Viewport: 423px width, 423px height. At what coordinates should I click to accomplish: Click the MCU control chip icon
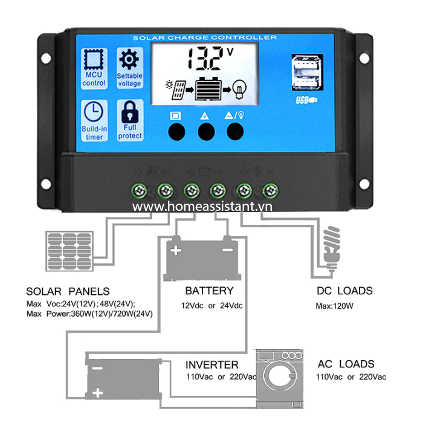(x=94, y=59)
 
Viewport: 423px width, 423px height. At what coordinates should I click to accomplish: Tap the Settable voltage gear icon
(x=129, y=60)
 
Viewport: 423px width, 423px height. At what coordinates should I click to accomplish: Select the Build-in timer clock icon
(x=93, y=111)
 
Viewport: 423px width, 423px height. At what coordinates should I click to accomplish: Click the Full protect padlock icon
(x=130, y=112)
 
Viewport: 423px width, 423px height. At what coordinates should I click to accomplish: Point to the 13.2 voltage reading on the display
(x=206, y=59)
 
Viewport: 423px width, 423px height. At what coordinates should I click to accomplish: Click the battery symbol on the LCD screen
(x=208, y=89)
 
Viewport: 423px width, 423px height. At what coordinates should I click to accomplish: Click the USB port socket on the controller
(x=307, y=73)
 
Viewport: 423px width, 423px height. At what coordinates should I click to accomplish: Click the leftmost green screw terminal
(x=139, y=191)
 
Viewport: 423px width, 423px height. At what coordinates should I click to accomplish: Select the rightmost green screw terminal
(x=271, y=191)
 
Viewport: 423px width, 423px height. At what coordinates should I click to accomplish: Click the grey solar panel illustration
(x=69, y=251)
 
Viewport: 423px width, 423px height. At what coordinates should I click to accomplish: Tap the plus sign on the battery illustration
(x=176, y=251)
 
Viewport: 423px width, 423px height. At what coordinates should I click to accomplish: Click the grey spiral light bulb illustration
(x=332, y=248)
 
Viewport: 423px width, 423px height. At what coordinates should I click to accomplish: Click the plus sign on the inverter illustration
(x=98, y=393)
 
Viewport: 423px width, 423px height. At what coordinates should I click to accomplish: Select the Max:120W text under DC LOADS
(x=335, y=306)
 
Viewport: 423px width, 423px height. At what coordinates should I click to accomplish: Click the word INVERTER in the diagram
(x=212, y=365)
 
